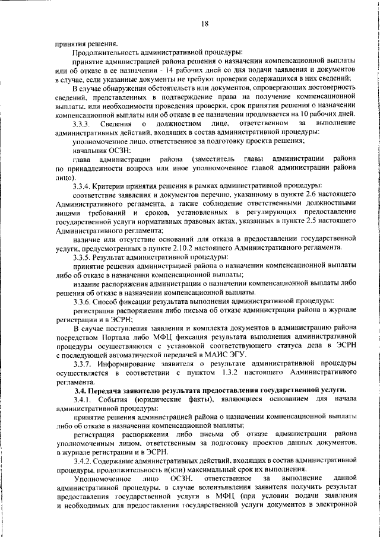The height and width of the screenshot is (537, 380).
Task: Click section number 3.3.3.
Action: (x=81, y=123)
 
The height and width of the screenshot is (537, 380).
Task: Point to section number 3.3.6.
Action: (x=81, y=300)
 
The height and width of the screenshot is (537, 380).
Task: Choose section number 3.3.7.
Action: (x=81, y=363)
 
